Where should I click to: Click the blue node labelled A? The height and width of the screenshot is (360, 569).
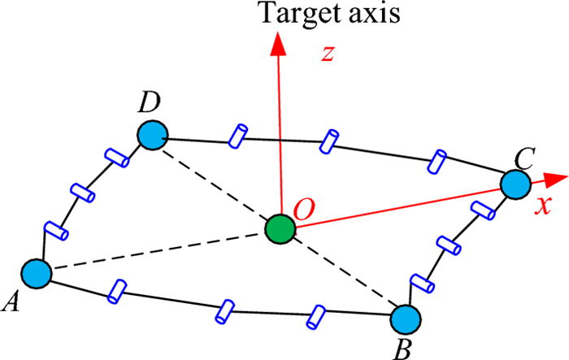(37, 274)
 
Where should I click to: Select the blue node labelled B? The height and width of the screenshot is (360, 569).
(406, 319)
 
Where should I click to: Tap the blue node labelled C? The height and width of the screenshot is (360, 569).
(515, 184)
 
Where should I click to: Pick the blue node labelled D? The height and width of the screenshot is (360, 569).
(153, 135)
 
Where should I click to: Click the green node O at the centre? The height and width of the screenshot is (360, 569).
(280, 229)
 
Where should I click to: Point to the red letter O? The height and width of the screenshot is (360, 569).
(304, 210)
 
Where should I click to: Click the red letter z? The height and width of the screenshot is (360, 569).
(328, 54)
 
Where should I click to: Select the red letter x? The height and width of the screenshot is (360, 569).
(544, 206)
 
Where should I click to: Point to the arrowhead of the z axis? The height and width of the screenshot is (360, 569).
(278, 44)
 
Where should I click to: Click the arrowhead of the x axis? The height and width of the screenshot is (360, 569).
(556, 180)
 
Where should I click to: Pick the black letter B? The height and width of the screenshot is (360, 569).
(402, 349)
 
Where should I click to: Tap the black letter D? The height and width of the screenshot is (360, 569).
(150, 102)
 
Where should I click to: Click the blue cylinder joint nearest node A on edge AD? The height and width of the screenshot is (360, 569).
(56, 231)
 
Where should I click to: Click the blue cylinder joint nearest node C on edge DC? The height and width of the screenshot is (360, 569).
(437, 162)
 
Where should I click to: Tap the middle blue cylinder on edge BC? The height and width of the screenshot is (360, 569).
(449, 245)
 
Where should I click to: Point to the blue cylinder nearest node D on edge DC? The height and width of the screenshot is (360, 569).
(238, 136)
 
